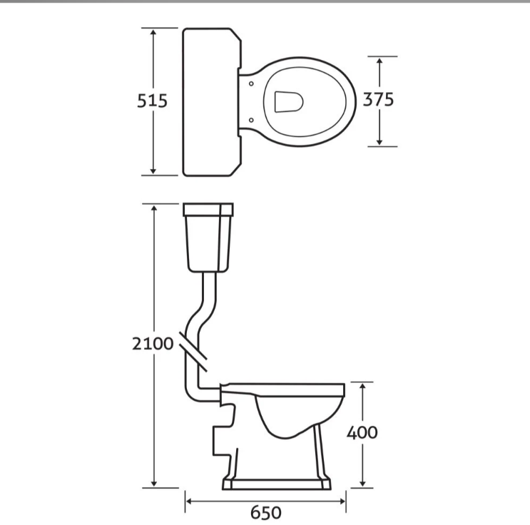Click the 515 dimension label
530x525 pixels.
pos(152,101)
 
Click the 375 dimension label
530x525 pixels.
pos(378,100)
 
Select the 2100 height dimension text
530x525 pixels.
pos(153,343)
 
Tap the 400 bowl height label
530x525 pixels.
pos(362,432)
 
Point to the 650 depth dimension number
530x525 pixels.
pos(265,512)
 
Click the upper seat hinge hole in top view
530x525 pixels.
pos(252,83)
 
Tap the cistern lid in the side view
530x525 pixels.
pos(209,210)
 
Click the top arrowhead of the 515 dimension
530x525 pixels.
pos(153,32)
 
